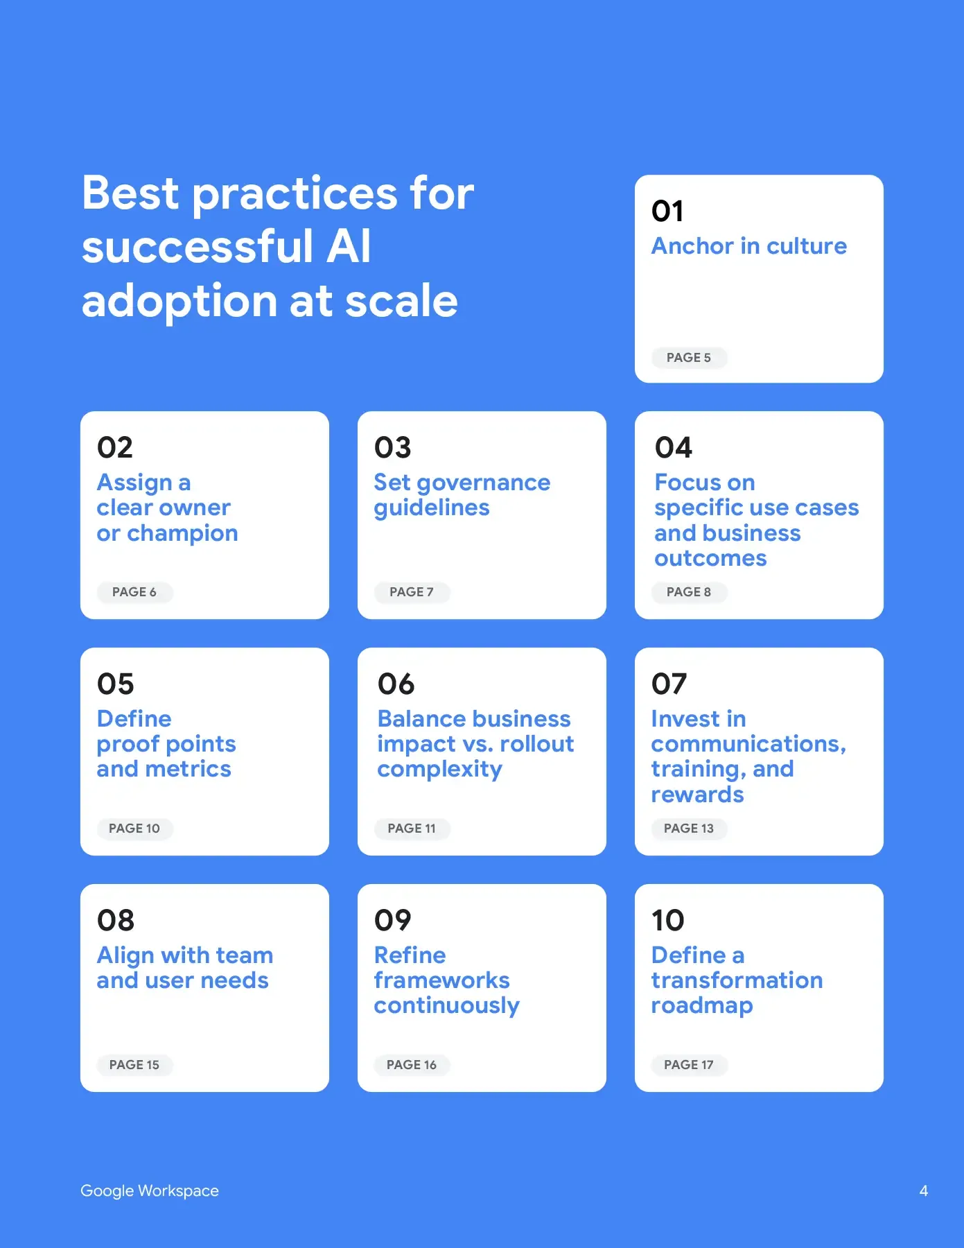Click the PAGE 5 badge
click(x=689, y=358)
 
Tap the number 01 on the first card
click(x=667, y=211)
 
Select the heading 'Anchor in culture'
click(x=749, y=246)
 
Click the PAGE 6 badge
click(x=134, y=592)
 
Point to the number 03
click(x=393, y=447)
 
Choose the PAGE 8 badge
click(x=689, y=592)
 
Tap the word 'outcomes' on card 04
click(x=710, y=559)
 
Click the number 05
click(x=116, y=684)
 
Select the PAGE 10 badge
click(x=134, y=829)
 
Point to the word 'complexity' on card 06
click(x=440, y=770)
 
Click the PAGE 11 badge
click(x=412, y=829)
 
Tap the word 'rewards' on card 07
click(x=697, y=795)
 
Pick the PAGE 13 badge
click(x=689, y=829)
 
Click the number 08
click(x=116, y=920)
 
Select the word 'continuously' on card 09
click(x=447, y=1007)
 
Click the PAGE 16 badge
click(x=412, y=1065)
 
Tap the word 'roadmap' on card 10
click(x=702, y=1007)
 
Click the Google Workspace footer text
click(x=150, y=1191)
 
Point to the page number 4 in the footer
click(x=924, y=1191)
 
